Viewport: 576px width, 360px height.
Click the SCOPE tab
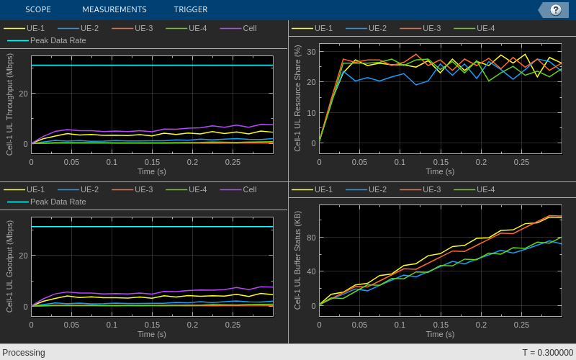pos(37,9)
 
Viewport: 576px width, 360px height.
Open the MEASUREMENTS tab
pos(114,9)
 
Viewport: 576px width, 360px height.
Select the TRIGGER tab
pos(190,9)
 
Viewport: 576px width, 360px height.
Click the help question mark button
pos(555,9)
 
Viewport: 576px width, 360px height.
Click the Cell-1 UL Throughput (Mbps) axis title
pos(10,105)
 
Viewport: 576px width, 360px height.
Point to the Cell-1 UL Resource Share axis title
pos(297,98)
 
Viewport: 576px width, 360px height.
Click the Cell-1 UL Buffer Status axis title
pos(297,260)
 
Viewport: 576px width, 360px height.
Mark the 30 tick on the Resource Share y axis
pos(312,51)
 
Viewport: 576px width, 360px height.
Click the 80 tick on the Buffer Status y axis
pos(312,238)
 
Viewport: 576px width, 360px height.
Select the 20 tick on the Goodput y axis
pos(24,256)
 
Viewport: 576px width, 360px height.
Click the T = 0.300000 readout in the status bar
pos(547,353)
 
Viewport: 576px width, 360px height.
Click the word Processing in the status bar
pos(24,353)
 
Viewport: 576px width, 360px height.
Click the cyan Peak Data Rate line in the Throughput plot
pos(152,66)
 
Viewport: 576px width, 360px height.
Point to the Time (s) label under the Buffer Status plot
pos(440,334)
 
